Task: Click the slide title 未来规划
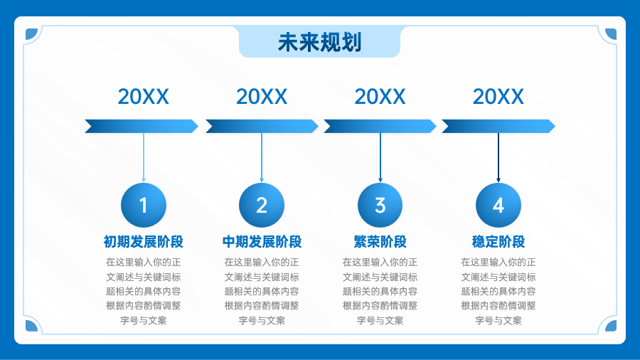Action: point(319,42)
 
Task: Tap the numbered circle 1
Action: point(144,205)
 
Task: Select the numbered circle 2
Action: point(262,205)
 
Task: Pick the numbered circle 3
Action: point(380,205)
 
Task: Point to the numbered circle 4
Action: point(498,205)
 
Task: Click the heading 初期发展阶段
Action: point(143,242)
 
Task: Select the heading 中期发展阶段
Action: point(262,242)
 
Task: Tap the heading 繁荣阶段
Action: point(380,242)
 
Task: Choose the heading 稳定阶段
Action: point(498,242)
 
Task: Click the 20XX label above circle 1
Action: point(143,97)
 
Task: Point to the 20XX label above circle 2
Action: point(262,97)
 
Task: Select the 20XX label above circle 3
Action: point(380,97)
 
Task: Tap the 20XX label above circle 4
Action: point(498,97)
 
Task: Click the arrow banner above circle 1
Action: point(142,126)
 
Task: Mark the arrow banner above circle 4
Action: point(498,126)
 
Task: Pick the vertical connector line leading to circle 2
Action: point(262,157)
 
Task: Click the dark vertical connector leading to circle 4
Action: point(498,157)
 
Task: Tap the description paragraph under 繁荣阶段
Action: point(380,291)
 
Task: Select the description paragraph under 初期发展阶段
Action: point(143,291)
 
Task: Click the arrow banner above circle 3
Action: point(380,126)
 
